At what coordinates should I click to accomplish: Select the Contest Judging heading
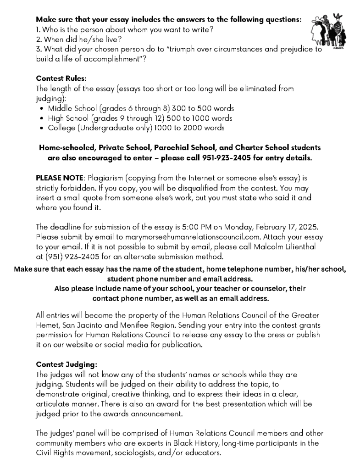66,365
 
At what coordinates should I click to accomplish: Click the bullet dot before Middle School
42,109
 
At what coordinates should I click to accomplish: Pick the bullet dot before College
42,129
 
